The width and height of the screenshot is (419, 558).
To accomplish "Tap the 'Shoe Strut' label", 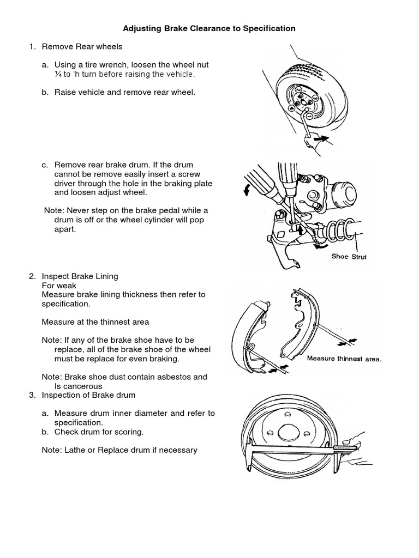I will (349, 257).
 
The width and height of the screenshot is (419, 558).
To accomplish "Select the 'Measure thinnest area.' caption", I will (344, 359).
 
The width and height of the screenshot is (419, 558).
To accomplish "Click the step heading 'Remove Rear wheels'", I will (82, 46).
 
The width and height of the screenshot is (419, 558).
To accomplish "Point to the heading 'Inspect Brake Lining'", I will (80, 277).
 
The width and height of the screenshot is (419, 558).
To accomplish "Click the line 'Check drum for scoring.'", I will (99, 432).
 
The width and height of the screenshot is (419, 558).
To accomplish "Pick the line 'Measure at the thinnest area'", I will (95, 322).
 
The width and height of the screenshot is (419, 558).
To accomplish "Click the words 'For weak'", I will (59, 286).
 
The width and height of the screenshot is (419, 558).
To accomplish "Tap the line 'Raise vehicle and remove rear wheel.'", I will (124, 92).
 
